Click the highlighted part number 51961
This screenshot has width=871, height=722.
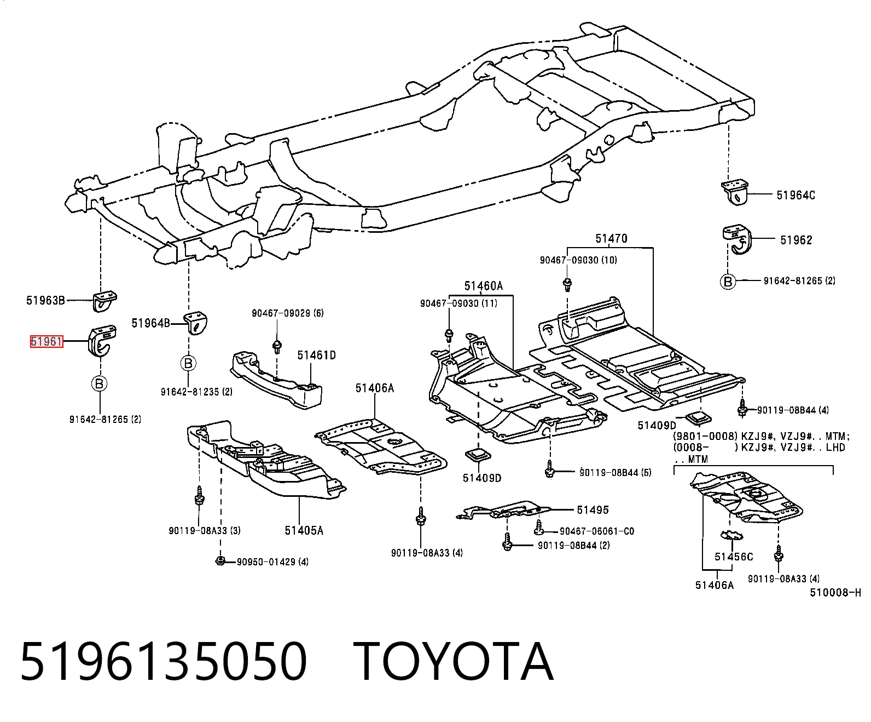47,341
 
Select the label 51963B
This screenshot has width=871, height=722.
45,300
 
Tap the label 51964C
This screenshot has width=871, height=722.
795,195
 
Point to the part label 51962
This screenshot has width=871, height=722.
797,240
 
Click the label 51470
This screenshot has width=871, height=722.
611,239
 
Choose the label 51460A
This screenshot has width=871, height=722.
484,286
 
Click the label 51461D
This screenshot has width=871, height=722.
316,355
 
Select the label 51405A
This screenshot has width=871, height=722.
304,531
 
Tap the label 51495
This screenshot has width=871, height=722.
593,510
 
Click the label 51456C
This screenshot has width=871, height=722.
734,557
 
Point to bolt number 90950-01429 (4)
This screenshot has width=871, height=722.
273,562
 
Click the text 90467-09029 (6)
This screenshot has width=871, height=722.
287,313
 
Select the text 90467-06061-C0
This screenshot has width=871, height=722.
597,531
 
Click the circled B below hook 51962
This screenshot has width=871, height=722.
728,282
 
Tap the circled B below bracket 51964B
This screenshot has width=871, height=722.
189,363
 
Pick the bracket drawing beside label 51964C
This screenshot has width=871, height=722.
735,192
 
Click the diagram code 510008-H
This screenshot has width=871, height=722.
835,593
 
